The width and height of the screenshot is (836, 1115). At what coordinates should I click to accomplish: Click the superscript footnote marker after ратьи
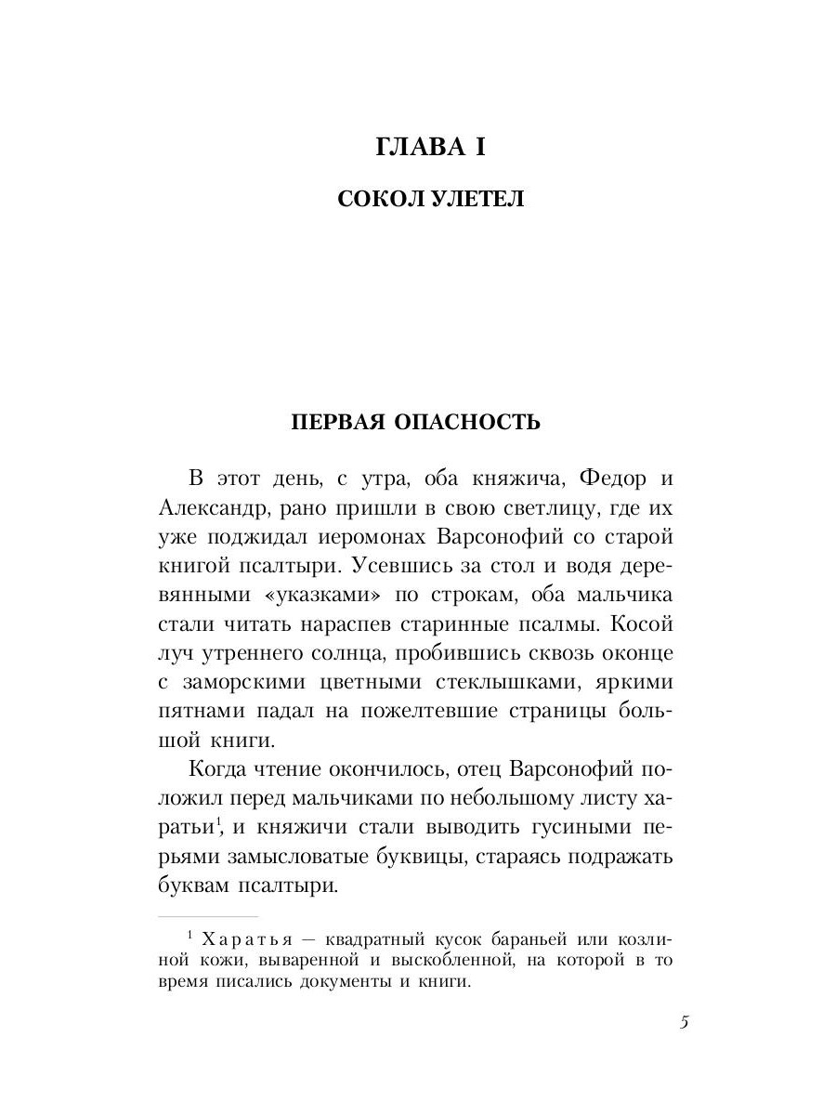[216, 821]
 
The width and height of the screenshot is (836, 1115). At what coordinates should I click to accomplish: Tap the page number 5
[684, 1023]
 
